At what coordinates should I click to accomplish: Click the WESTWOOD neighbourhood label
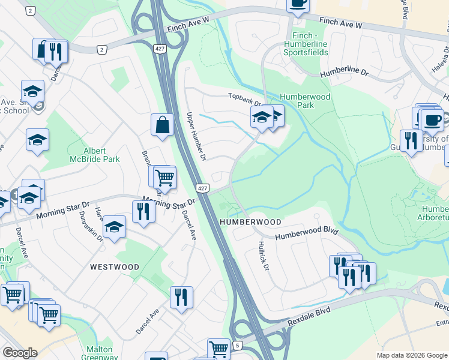coord(115,267)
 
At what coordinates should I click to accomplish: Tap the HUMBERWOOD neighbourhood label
coord(250,222)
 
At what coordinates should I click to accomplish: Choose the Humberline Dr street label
coord(343,71)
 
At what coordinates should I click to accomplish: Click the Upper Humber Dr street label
coord(196,137)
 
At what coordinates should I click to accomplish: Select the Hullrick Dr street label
coord(262,254)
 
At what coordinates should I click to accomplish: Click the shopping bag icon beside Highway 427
coord(162,125)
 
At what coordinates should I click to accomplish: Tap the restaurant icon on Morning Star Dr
coord(143,211)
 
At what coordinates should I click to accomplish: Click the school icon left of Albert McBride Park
coord(37,140)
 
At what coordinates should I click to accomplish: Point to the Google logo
coord(20,353)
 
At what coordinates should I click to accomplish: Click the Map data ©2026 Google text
coord(412,355)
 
